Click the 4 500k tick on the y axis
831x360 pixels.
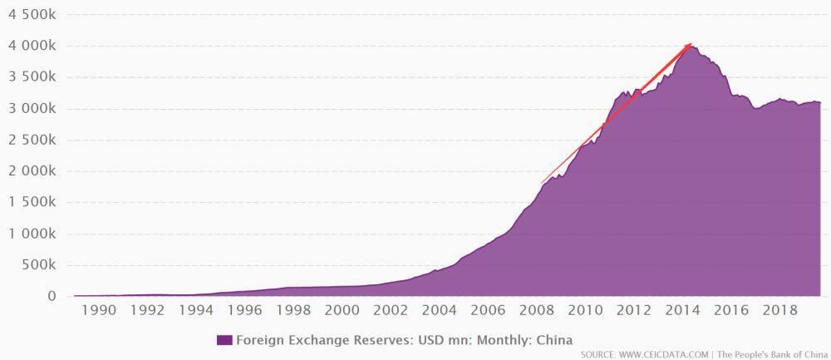32,15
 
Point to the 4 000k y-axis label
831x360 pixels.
32,47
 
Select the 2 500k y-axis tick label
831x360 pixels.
32,141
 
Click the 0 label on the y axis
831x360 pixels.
52,297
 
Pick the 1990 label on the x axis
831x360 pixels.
99,312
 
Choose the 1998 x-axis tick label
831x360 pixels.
293,312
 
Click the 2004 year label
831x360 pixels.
439,312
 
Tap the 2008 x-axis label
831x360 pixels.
536,312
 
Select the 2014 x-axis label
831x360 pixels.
682,312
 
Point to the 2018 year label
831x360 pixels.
779,312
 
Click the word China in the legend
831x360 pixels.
556,339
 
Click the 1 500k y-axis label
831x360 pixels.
32,203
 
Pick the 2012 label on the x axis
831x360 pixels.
633,312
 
